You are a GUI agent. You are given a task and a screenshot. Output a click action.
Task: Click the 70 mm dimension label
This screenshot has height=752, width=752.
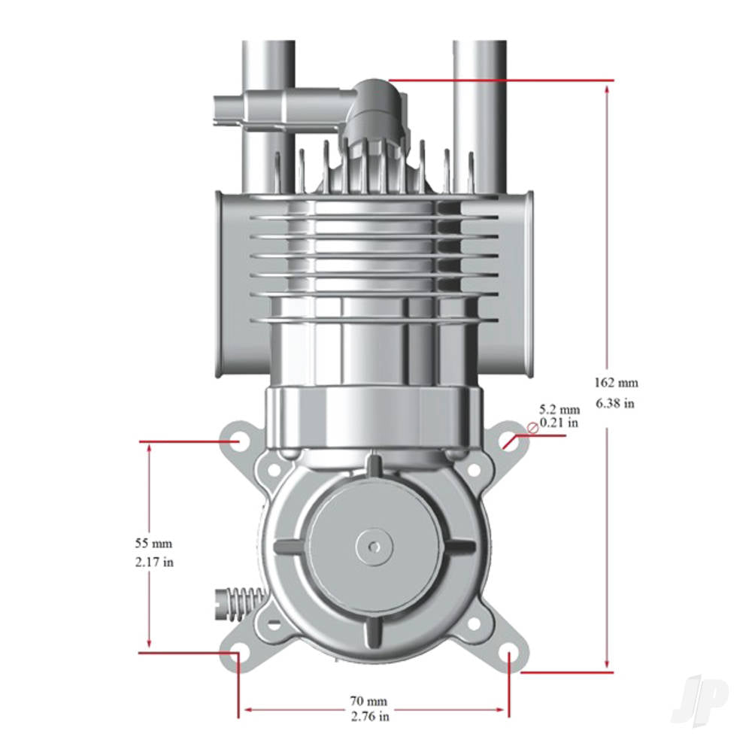tap(369, 702)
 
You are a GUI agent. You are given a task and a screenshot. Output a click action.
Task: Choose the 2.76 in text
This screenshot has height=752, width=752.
tap(369, 717)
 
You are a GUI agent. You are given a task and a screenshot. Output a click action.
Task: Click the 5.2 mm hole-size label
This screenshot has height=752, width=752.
tap(559, 409)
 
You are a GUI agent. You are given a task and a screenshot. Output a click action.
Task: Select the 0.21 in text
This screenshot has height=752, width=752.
tap(559, 423)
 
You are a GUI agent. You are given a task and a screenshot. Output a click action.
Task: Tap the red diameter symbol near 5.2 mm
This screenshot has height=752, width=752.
tap(532, 428)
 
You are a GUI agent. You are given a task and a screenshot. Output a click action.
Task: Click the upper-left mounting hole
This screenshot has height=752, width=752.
tap(238, 439)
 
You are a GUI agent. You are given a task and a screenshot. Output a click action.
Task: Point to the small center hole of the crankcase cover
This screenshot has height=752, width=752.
tap(375, 543)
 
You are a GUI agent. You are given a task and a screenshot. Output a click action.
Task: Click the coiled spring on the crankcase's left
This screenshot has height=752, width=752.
tap(238, 603)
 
